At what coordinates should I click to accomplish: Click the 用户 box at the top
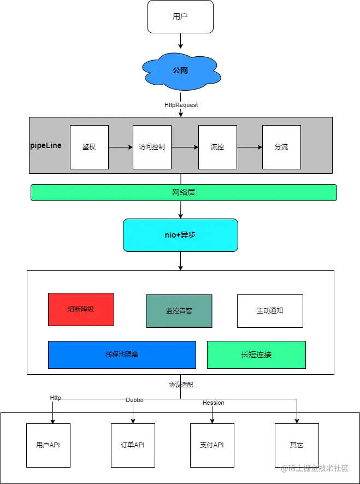pos(180,16)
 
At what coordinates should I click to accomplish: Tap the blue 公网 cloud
pos(180,70)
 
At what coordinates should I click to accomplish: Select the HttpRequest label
pos(181,105)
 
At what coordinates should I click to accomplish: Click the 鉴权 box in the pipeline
pos(89,147)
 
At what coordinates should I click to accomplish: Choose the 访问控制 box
pos(152,147)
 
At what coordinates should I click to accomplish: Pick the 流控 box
pos(217,147)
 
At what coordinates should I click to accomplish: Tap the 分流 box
pos(281,147)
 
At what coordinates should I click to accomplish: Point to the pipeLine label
pos(46,146)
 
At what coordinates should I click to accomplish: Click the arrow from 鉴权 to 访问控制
pos(121,147)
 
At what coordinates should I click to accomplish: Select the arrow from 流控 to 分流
pos(250,147)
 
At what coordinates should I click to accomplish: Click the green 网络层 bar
pos(184,192)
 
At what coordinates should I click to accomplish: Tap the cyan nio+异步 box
pos(180,235)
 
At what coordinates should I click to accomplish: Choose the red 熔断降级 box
pos(81,309)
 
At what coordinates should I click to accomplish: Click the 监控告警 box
pos(179,311)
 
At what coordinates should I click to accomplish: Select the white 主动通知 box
pos(270,311)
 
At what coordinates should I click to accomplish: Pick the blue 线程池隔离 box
pos(122,355)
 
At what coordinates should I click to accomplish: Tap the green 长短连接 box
pos(256,355)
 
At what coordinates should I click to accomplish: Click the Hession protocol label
pos(213,403)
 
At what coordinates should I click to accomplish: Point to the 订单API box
pos(133,445)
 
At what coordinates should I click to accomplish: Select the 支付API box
pos(212,445)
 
